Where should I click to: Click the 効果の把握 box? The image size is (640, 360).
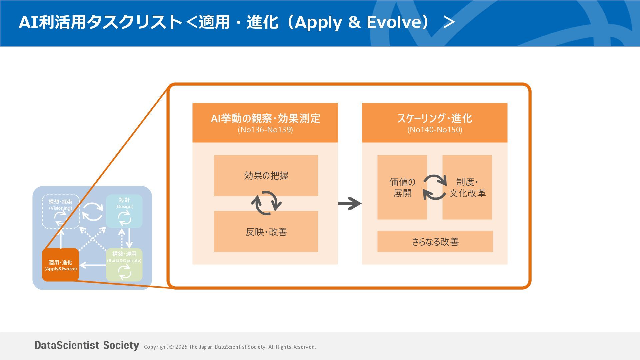[x=266, y=175]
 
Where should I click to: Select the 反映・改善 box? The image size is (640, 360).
[x=266, y=232]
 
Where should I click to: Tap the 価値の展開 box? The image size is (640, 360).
[x=402, y=187]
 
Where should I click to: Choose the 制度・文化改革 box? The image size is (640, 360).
[x=467, y=187]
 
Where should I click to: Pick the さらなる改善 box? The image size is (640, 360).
[x=435, y=241]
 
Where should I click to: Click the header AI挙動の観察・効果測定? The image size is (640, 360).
[x=265, y=118]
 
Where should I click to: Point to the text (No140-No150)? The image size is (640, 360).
[x=435, y=130]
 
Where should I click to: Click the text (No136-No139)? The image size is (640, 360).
[x=265, y=130]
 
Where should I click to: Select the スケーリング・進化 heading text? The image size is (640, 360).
[x=435, y=118]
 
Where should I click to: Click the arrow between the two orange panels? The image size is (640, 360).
[x=350, y=203]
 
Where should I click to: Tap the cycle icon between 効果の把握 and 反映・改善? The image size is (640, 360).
[x=266, y=203]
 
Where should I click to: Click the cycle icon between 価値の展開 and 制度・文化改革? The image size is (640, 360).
[x=435, y=187]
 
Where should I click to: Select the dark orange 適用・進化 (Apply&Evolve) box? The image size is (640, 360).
[x=60, y=265]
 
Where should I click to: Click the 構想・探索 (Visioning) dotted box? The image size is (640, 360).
[x=61, y=211]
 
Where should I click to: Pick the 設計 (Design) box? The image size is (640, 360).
[x=124, y=211]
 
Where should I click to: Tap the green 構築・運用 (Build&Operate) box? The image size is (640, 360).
[x=124, y=265]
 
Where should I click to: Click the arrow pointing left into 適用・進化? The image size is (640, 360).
[x=92, y=265]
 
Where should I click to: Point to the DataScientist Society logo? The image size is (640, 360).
[x=87, y=345]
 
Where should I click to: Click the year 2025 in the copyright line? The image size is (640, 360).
[x=181, y=347]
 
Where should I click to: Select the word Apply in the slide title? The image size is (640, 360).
[x=318, y=22]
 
